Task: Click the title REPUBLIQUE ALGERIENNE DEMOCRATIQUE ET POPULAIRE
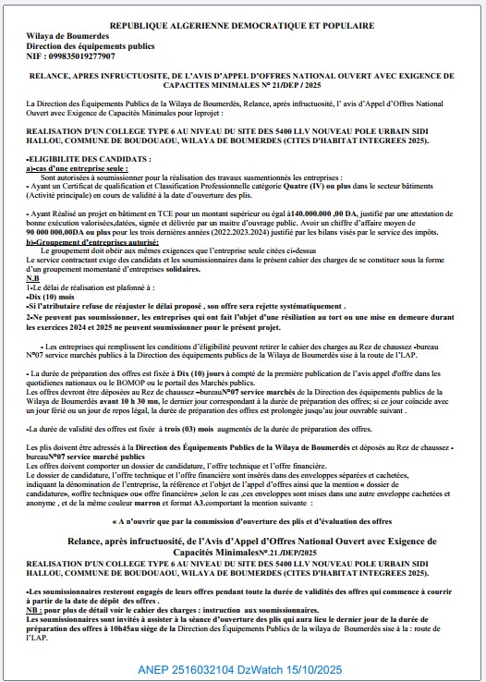243,28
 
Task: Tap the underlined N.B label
33,277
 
